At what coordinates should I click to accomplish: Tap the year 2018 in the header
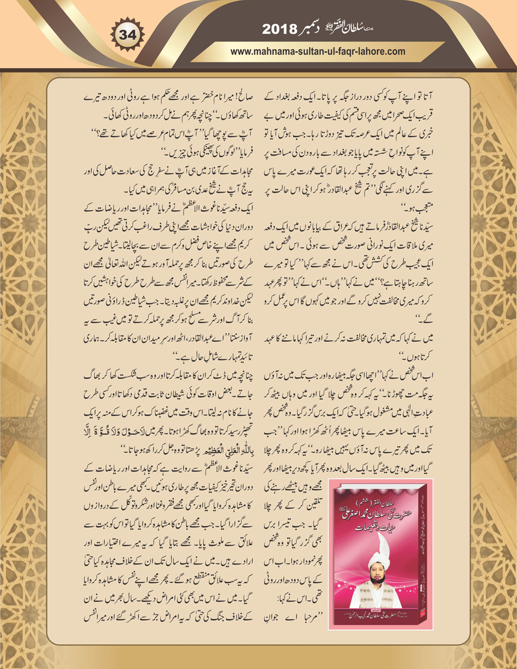[x=279, y=30]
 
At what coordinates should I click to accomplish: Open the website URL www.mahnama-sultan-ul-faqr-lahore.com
[x=317, y=51]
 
